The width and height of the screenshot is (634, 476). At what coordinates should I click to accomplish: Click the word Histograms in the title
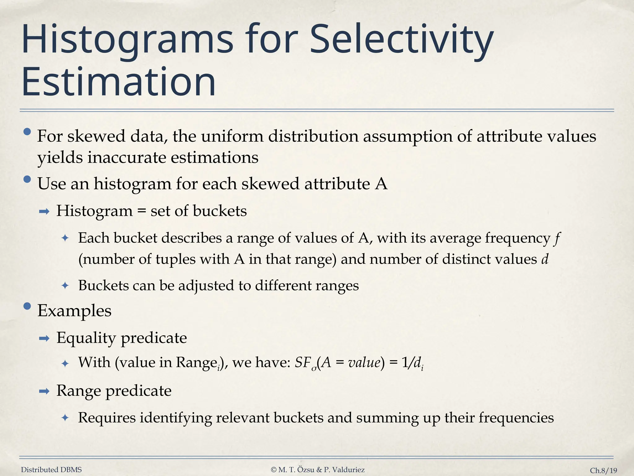[x=127, y=40]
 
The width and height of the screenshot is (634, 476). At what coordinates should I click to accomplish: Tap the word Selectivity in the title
[x=401, y=40]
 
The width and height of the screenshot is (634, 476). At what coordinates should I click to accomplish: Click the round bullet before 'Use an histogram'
[x=27, y=179]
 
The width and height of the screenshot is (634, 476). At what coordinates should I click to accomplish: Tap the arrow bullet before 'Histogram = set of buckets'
[x=44, y=212]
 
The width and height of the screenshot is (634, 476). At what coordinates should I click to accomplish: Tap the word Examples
[x=74, y=311]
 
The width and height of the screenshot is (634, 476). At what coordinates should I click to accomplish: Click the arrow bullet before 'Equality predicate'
[x=44, y=338]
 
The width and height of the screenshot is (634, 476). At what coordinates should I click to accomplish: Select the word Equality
[x=86, y=338]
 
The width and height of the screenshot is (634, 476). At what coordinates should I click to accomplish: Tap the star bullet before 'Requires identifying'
[x=65, y=418]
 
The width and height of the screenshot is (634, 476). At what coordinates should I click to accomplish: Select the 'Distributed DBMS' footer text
[x=51, y=470]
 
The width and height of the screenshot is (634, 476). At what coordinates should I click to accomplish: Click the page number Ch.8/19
[x=603, y=470]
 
